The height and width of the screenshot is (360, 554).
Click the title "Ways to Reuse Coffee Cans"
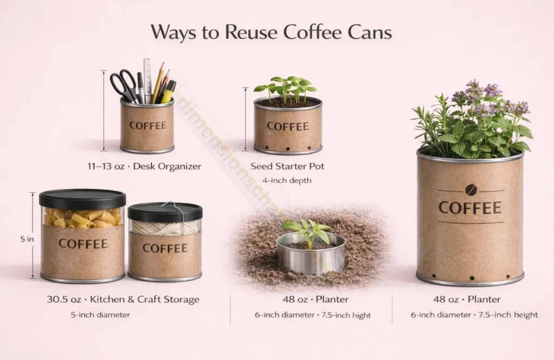pyautogui.click(x=271, y=32)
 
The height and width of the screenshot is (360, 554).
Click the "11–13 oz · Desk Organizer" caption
pyautogui.click(x=147, y=166)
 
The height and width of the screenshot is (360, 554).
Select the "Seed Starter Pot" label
pyautogui.click(x=287, y=166)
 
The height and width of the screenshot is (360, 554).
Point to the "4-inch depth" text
pyautogui.click(x=287, y=180)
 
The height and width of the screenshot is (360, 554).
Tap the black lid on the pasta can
pyautogui.click(x=82, y=198)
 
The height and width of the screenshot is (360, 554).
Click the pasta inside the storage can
pyautogui.click(x=82, y=217)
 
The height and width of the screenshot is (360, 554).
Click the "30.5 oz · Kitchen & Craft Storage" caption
pyautogui.click(x=123, y=299)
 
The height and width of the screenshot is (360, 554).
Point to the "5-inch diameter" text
pyautogui.click(x=100, y=314)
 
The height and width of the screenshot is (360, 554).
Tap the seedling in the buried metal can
pyautogui.click(x=307, y=231)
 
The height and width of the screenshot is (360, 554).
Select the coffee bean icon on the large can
pyautogui.click(x=470, y=190)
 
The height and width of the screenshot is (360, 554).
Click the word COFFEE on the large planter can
pyautogui.click(x=470, y=208)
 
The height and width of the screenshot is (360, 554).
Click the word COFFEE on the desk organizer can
pyautogui.click(x=147, y=125)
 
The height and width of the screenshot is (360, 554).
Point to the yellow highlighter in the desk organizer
pyautogui.click(x=168, y=92)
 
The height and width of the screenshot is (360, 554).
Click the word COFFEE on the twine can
pyautogui.click(x=165, y=248)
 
